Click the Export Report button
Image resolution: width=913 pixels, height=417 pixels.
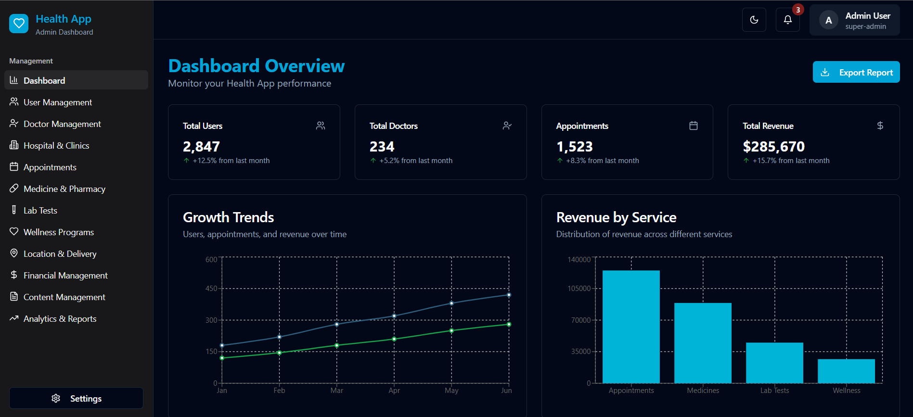tap(856, 72)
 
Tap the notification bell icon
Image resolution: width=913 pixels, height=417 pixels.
tap(787, 20)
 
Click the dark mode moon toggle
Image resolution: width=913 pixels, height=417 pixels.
tap(754, 20)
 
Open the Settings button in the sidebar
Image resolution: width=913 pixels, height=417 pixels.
tap(76, 398)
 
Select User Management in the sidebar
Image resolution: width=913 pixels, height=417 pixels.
tap(57, 102)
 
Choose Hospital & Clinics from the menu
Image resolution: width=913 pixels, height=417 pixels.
tap(56, 146)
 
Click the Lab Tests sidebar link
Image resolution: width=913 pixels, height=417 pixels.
tap(40, 211)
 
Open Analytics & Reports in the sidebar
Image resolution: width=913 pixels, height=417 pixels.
tap(60, 319)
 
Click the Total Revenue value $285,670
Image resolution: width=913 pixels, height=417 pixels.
tap(773, 146)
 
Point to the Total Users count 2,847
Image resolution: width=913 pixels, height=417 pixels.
tap(201, 146)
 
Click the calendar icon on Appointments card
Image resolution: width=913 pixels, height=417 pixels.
tap(693, 126)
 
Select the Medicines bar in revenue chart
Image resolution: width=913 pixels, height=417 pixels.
tap(703, 342)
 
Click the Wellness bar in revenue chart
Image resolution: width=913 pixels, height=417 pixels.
tap(846, 371)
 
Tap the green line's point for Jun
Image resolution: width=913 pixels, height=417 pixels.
tap(509, 324)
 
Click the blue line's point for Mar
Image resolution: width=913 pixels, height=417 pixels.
tap(337, 324)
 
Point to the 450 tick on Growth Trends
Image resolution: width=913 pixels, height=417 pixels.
tap(211, 289)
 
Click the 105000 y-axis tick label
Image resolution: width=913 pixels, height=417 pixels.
tap(579, 289)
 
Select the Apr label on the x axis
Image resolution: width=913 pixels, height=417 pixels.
tap(394, 391)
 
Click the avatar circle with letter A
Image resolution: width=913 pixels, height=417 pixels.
tap(828, 20)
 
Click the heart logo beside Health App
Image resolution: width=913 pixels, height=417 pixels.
tap(19, 23)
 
